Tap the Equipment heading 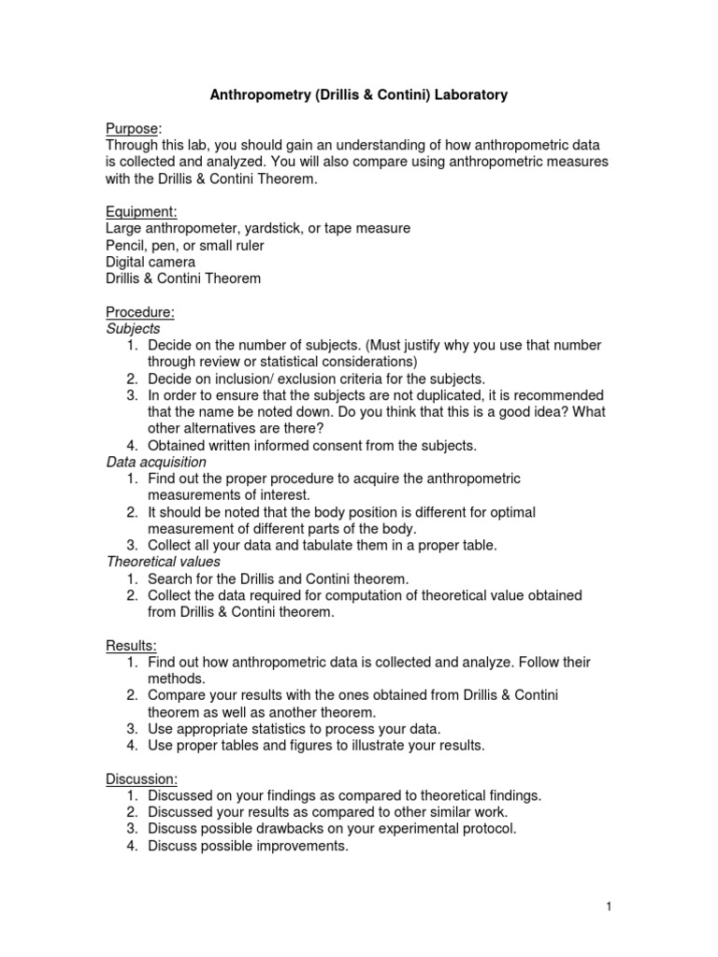coord(140,212)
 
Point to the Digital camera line coord(151,263)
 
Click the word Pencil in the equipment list coord(128,246)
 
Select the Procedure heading coord(139,312)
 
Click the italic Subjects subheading coord(133,329)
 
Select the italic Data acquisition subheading coord(156,463)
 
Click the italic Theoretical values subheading coord(163,562)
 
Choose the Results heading coord(131,646)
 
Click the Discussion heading coord(142,778)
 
